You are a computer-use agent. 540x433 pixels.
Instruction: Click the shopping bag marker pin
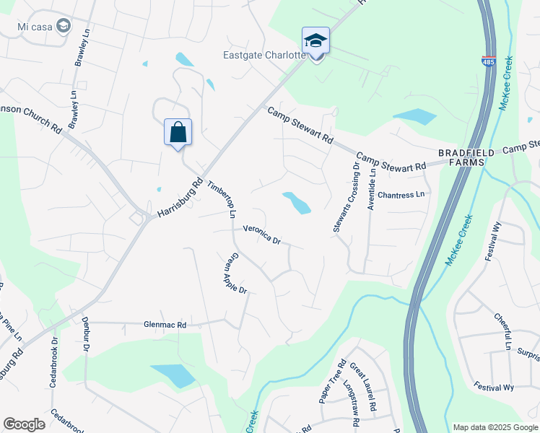(178, 132)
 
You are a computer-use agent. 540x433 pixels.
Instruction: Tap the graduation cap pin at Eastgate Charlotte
(315, 41)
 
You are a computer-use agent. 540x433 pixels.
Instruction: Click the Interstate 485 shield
(488, 63)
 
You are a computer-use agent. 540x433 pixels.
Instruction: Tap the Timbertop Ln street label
(222, 198)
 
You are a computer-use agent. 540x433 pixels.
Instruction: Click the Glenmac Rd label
(165, 325)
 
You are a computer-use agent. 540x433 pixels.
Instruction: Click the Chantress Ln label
(401, 195)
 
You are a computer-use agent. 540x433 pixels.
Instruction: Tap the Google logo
(24, 424)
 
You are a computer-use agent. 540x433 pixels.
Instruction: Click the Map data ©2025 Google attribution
(495, 427)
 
